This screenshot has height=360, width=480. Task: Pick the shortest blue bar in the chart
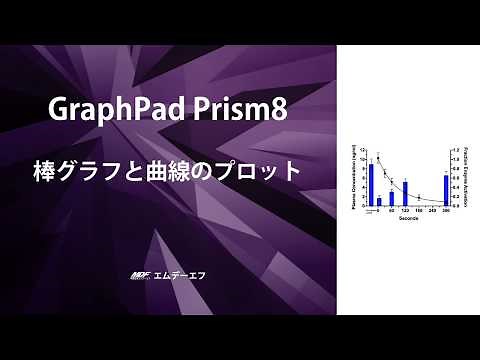click(379, 202)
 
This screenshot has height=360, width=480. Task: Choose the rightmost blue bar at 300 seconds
click(445, 191)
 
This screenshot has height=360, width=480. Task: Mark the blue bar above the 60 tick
click(391, 198)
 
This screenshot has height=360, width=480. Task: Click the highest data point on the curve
click(379, 158)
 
